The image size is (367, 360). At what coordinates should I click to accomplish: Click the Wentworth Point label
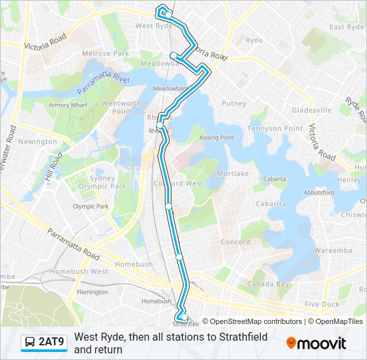(121, 107)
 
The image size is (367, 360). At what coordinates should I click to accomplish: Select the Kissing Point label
(217, 137)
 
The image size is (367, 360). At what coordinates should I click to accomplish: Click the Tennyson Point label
(266, 128)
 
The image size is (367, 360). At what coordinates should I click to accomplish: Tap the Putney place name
(234, 103)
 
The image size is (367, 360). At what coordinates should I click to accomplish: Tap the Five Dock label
(322, 304)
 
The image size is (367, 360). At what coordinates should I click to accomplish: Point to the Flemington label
(92, 292)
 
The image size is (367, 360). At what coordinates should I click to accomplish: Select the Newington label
(38, 142)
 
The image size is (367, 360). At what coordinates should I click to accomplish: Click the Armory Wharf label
(68, 105)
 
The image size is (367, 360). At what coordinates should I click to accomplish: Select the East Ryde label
(346, 27)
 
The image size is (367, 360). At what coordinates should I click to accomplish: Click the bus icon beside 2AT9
(30, 343)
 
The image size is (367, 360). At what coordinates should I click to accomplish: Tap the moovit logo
(316, 343)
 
